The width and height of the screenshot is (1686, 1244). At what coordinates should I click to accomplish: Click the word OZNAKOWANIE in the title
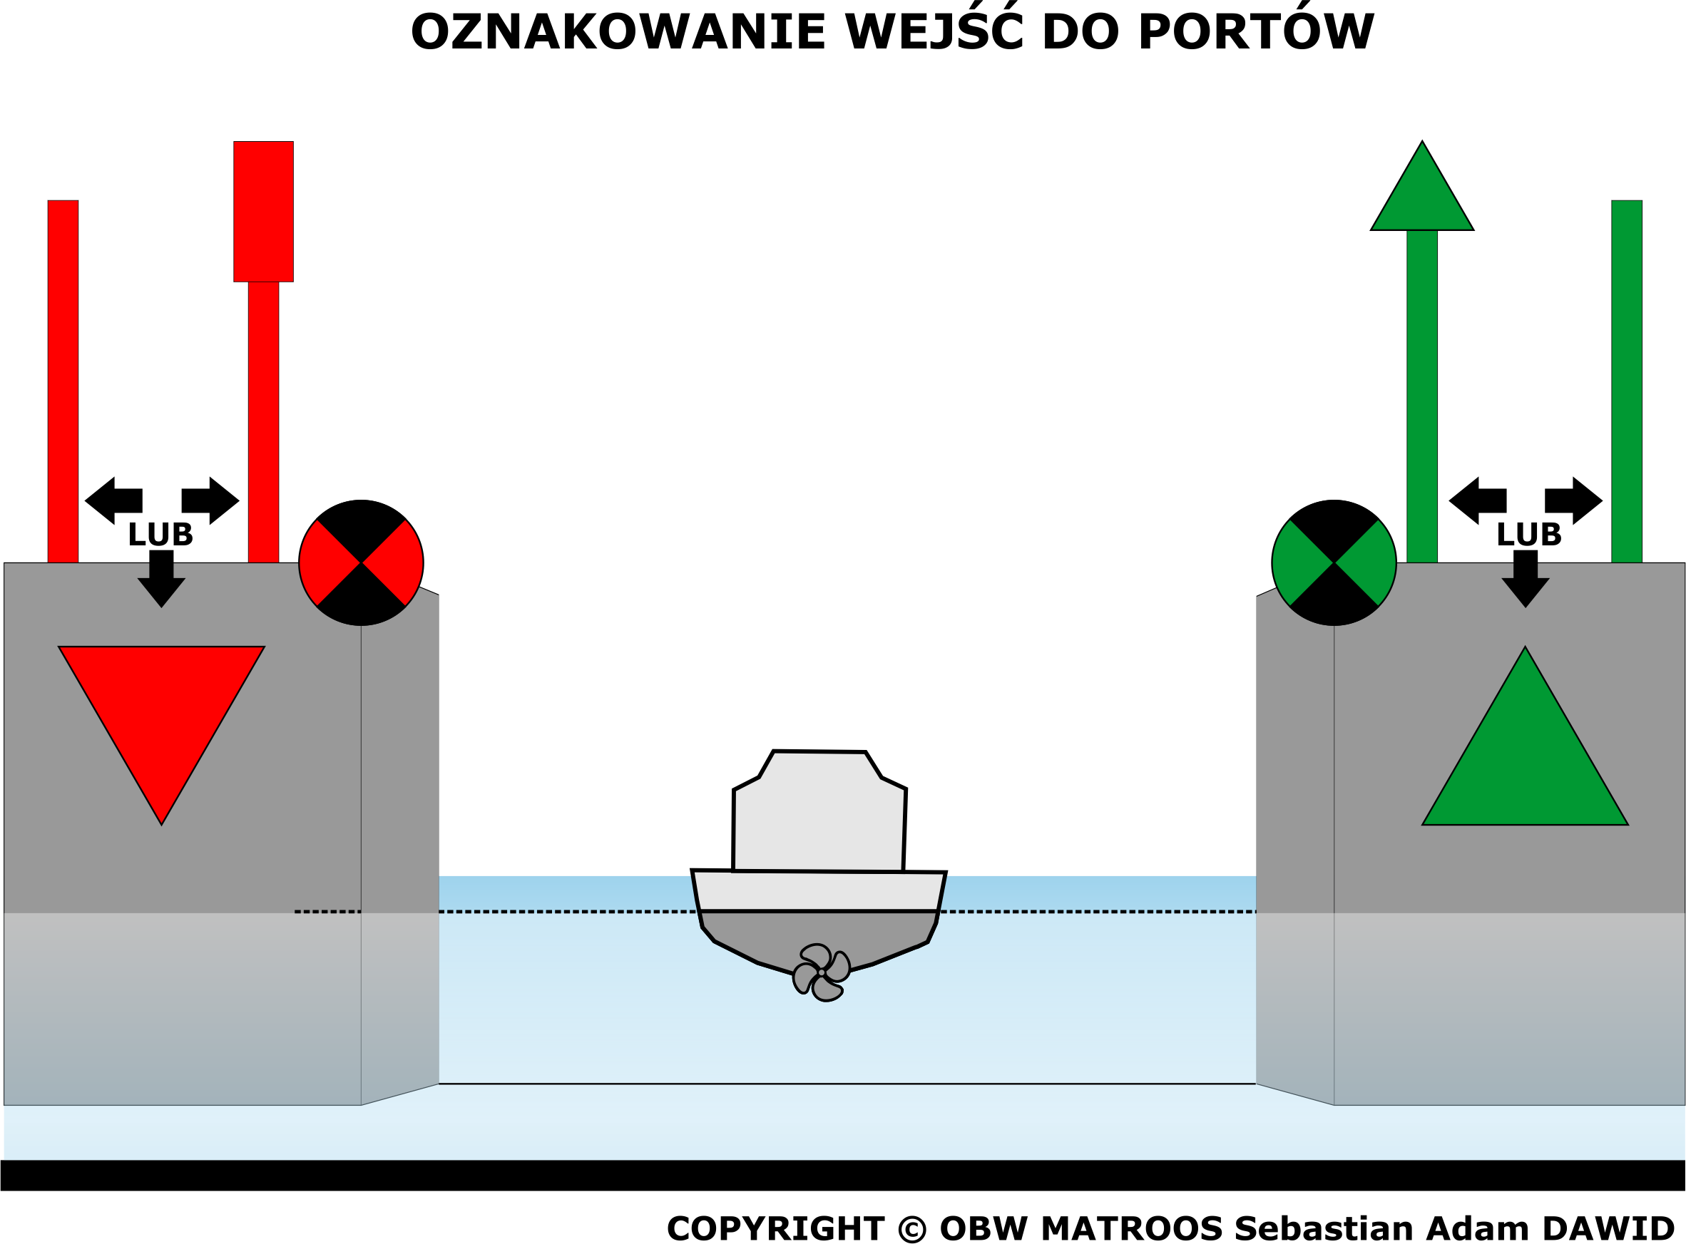point(618,32)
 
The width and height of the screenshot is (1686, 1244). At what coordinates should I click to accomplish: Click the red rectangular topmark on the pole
point(263,212)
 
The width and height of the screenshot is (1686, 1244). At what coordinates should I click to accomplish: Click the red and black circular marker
point(361,562)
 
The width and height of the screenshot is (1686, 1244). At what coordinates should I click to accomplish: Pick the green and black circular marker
point(1334,562)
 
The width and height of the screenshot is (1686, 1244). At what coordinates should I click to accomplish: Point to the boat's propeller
point(821,972)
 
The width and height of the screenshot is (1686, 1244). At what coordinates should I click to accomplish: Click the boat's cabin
point(819,812)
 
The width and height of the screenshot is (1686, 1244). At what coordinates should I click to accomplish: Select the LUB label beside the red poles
point(160,535)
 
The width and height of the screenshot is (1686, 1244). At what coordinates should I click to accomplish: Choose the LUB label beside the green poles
point(1528,535)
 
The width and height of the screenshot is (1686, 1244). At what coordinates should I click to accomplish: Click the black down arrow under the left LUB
point(161,578)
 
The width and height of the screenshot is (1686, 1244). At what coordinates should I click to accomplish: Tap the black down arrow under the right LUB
point(1526,578)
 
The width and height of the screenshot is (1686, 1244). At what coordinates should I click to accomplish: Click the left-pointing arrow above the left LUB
point(114,500)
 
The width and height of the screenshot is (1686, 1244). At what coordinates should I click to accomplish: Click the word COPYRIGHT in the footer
point(776,1228)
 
